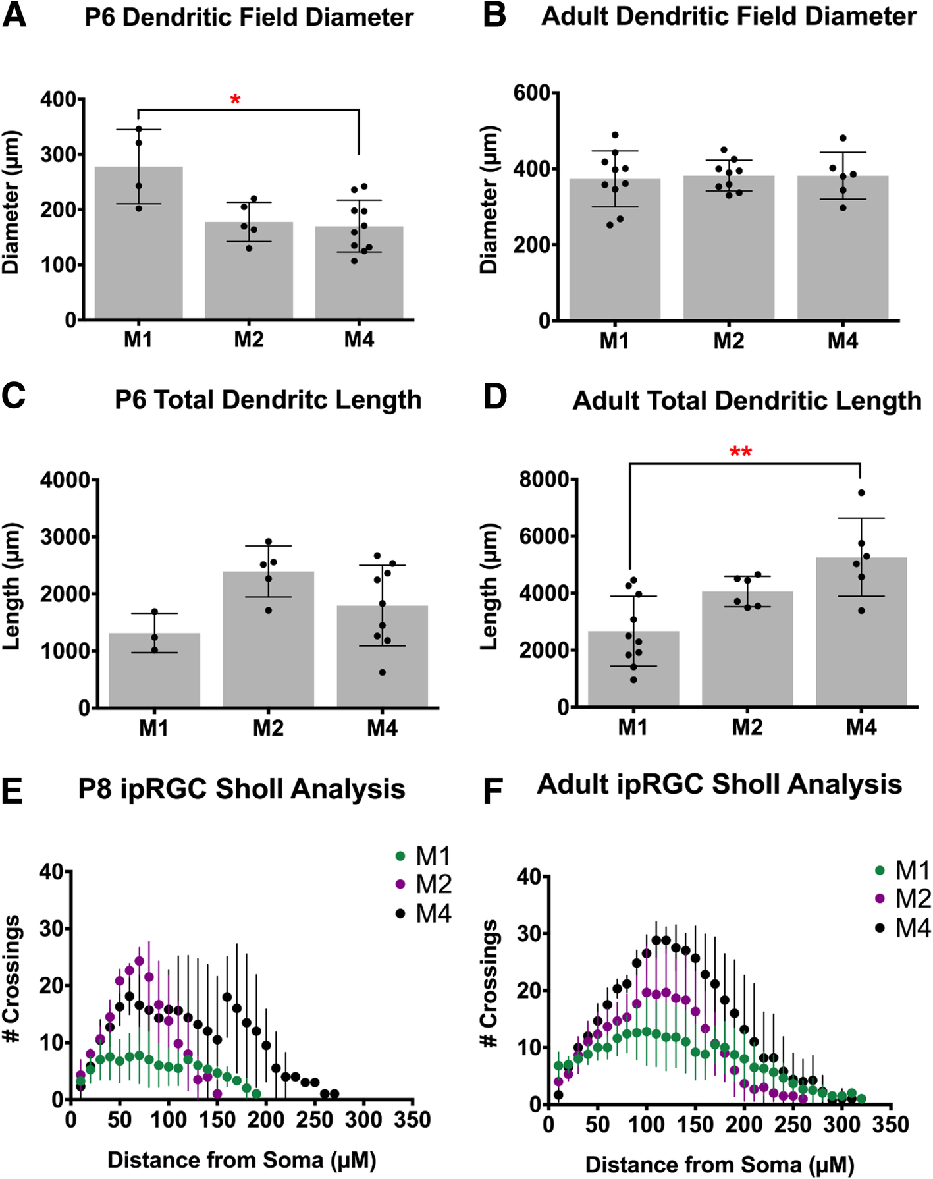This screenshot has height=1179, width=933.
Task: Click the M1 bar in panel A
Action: click(138, 244)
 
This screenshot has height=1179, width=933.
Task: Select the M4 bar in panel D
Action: click(861, 632)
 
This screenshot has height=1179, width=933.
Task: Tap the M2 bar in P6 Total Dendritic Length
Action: click(268, 639)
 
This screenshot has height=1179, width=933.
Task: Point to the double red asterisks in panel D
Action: click(741, 452)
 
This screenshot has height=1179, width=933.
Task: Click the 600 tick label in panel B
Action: click(531, 94)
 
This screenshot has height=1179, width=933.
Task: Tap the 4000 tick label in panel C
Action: click(65, 480)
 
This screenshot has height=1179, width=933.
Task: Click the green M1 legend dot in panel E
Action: click(400, 856)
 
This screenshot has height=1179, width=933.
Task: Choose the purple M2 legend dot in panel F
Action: click(880, 899)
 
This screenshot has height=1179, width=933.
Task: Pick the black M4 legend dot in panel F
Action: click(880, 928)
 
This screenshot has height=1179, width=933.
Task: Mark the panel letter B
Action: click(494, 16)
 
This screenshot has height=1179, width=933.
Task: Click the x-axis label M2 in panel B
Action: click(728, 341)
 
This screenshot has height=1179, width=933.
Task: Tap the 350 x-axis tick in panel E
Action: click(412, 1120)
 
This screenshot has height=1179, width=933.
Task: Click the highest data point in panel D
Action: click(861, 493)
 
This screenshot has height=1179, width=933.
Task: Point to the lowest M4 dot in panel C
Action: click(382, 672)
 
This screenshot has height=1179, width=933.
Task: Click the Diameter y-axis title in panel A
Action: click(12, 203)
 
